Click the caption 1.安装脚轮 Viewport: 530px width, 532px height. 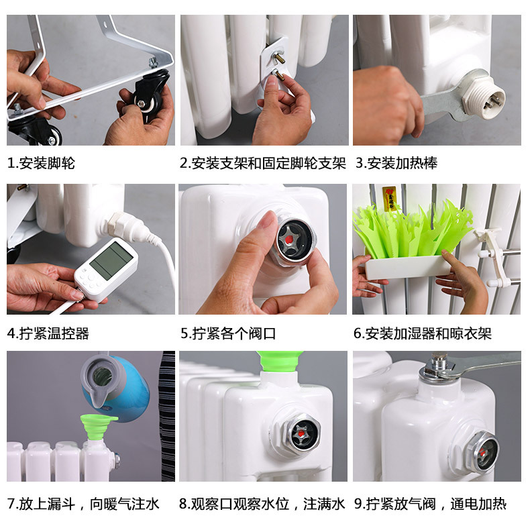[x=41, y=163]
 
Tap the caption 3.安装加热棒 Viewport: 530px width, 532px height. [x=396, y=163]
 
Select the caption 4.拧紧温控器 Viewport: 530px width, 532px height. [x=48, y=333]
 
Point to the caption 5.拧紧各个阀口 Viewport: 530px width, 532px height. [x=228, y=333]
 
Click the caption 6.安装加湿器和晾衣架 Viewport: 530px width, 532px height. [x=423, y=333]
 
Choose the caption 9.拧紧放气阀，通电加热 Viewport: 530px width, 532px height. [x=430, y=504]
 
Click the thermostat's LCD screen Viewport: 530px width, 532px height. [x=111, y=261]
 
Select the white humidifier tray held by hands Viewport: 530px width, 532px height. [x=407, y=267]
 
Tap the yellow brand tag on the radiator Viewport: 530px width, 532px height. [x=390, y=199]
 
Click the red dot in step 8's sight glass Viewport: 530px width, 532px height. [x=301, y=433]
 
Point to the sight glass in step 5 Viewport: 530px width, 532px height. [x=293, y=240]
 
